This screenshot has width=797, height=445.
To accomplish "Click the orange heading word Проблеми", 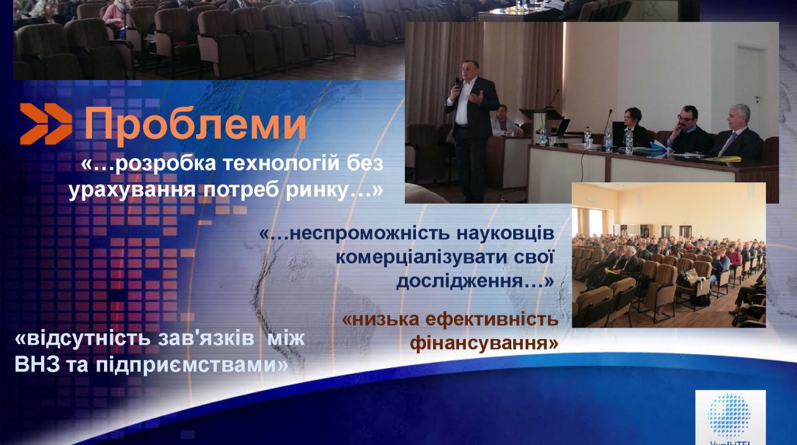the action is pos(195,124).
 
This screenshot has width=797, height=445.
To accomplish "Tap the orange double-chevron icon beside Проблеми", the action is pos(46,124).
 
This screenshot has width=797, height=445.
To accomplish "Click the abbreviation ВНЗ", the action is pos(37,365).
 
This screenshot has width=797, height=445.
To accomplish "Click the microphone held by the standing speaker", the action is pos(457,84).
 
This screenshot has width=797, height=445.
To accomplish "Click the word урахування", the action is pos(132,190).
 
